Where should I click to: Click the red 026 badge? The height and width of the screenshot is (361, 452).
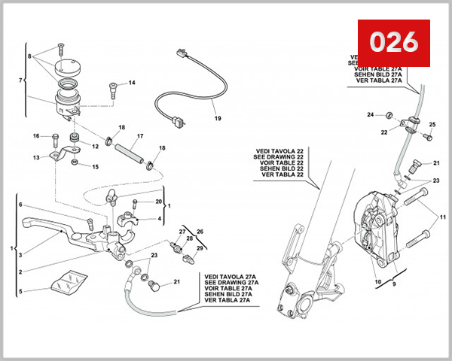(393, 42)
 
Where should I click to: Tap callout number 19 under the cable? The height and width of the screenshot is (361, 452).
(216, 119)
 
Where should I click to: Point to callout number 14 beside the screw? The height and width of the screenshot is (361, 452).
(131, 83)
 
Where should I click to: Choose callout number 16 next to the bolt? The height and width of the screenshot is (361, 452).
(35, 136)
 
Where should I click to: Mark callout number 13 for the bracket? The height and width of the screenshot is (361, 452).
(35, 158)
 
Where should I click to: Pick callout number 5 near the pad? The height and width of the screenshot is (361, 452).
(21, 292)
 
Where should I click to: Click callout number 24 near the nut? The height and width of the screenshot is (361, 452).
(370, 114)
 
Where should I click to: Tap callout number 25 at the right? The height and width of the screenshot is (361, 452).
(432, 124)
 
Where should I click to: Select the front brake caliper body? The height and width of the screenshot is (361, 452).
(380, 226)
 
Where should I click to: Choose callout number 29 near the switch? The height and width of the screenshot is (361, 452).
(200, 248)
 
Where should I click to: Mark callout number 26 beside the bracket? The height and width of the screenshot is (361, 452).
(200, 232)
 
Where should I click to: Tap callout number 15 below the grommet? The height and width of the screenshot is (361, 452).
(95, 166)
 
